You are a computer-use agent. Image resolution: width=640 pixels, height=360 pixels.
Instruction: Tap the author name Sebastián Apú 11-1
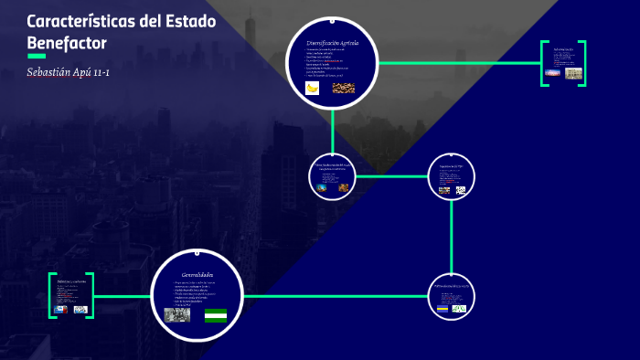(x=69, y=71)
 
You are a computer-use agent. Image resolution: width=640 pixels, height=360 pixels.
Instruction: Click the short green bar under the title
(x=37, y=56)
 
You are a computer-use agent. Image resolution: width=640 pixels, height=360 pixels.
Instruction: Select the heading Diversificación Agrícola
(x=333, y=43)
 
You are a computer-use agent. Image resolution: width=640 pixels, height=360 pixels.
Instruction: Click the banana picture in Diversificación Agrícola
(x=313, y=88)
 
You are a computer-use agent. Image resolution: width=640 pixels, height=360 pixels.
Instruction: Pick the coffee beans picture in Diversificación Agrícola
(x=344, y=88)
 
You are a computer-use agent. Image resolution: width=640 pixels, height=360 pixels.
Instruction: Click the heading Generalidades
(x=197, y=274)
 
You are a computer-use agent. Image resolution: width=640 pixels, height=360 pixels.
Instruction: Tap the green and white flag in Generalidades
(x=216, y=315)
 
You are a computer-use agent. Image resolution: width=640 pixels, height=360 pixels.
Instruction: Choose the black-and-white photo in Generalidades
(x=176, y=314)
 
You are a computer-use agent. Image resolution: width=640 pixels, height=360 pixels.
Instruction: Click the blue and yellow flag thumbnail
(x=443, y=308)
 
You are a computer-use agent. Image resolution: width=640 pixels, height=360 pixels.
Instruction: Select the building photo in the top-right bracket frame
(x=572, y=73)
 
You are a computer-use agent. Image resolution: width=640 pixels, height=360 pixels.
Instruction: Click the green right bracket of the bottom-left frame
(x=92, y=296)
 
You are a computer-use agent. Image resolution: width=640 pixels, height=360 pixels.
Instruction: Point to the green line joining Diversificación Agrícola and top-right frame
(x=457, y=63)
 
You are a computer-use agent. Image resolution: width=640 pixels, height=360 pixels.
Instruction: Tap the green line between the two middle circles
(x=391, y=175)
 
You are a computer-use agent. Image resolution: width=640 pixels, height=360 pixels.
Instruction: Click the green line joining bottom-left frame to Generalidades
(x=123, y=296)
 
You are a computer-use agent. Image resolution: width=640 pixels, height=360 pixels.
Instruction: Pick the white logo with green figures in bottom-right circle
(x=459, y=308)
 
